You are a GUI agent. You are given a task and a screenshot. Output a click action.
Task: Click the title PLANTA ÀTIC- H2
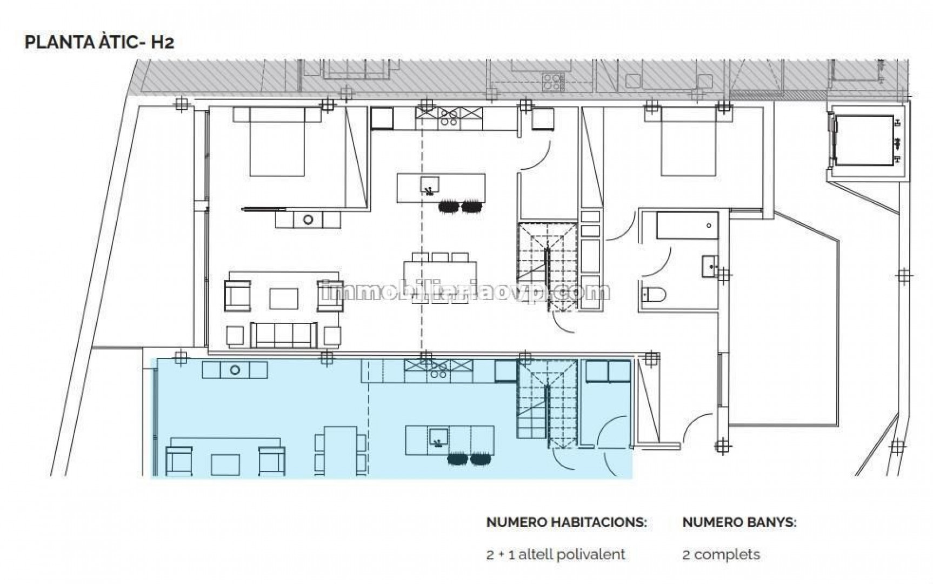(99, 43)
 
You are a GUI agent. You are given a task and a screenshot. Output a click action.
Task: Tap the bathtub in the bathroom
(687, 225)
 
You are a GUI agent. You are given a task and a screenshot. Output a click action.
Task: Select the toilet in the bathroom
(653, 295)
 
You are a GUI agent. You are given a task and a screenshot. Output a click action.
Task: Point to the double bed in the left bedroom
(276, 141)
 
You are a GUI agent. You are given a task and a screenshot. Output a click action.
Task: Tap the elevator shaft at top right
(865, 141)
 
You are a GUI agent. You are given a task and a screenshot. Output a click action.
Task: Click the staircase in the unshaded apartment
(548, 266)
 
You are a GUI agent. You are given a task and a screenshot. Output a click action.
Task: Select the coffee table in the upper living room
(284, 298)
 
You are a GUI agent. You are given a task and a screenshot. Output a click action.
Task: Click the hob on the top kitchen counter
(449, 117)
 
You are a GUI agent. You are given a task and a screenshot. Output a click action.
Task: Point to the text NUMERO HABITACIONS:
(567, 522)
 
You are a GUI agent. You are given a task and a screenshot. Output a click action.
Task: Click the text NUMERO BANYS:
(739, 522)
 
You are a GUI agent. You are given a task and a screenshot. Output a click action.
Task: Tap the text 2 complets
(721, 554)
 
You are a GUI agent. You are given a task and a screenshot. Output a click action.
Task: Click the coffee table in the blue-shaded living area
(225, 464)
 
